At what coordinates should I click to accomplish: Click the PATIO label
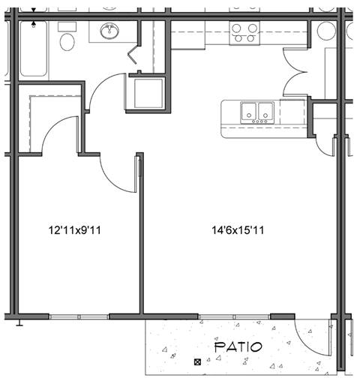click(238, 347)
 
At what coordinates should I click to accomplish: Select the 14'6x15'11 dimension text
click(238, 231)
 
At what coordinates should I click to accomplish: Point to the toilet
click(67, 41)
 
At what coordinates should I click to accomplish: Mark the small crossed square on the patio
click(197, 363)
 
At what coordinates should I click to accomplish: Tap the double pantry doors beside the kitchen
click(295, 73)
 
